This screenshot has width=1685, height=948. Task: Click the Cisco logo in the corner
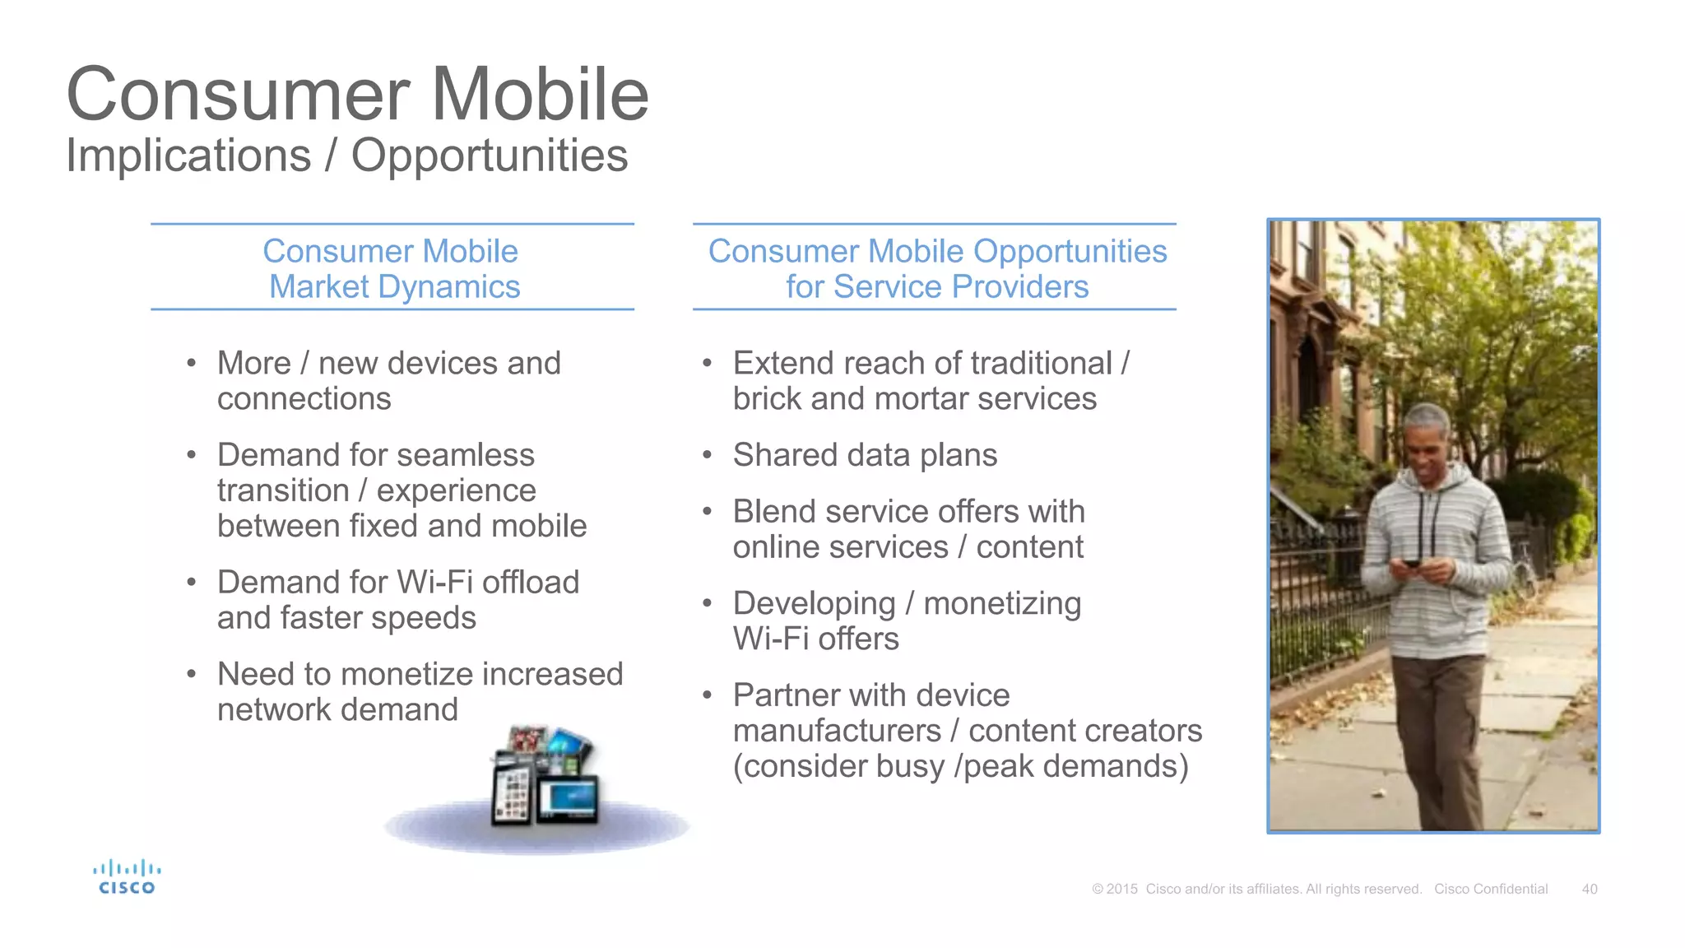click(127, 877)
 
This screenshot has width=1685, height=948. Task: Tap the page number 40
click(1590, 890)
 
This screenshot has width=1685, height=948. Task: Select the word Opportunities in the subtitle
click(490, 156)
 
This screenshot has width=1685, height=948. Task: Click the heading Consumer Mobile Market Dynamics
click(392, 268)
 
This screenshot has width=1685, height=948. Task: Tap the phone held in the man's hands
click(1412, 564)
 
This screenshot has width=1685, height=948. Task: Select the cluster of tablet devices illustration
click(543, 778)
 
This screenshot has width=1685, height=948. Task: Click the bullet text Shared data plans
click(865, 455)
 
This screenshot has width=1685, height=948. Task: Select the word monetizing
click(1001, 604)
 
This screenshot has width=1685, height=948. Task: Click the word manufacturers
click(837, 731)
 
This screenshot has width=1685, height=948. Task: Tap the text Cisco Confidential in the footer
click(1491, 890)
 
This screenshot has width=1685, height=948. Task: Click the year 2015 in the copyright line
click(1121, 890)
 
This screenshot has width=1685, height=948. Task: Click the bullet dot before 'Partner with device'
click(707, 695)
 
